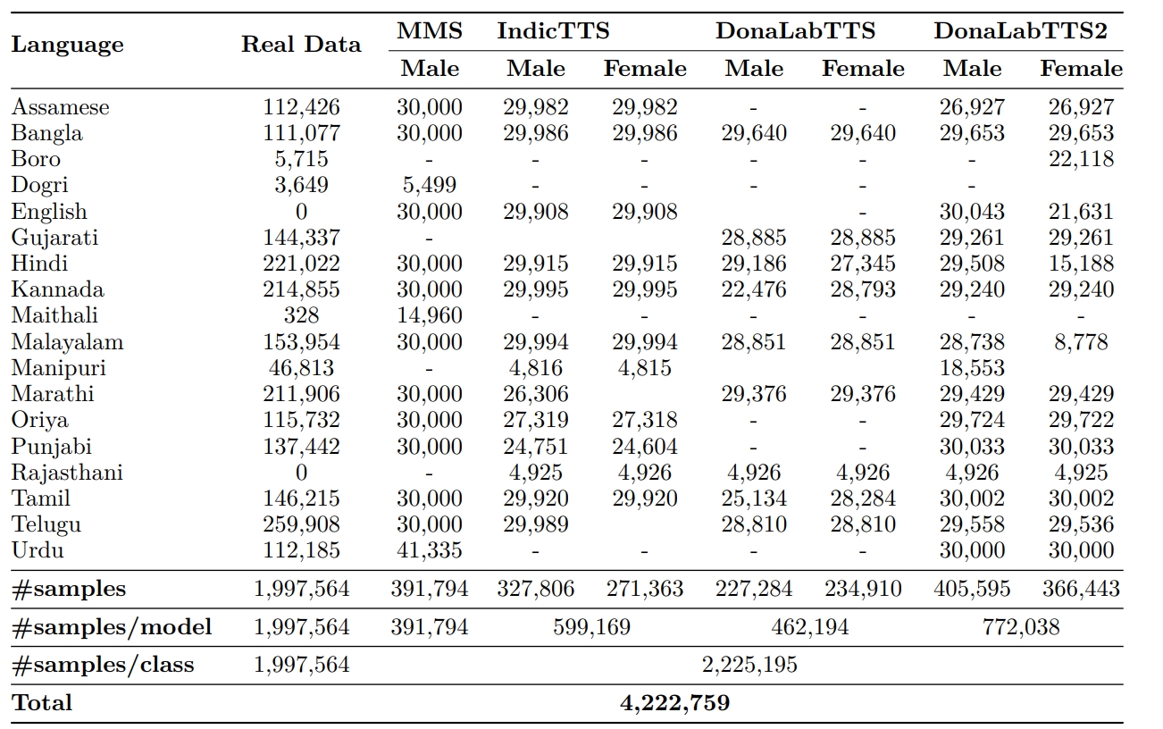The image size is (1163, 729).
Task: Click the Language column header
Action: click(x=67, y=45)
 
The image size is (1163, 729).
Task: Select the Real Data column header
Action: click(x=301, y=45)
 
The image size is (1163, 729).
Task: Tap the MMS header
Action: click(x=430, y=31)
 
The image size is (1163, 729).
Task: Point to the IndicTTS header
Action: click(x=553, y=31)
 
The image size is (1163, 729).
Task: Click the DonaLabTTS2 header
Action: click(x=1020, y=31)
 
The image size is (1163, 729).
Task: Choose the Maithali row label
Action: click(x=54, y=315)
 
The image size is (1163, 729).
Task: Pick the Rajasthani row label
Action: click(x=67, y=473)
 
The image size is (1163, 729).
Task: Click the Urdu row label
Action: click(x=38, y=550)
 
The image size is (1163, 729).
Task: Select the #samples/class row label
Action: click(x=103, y=665)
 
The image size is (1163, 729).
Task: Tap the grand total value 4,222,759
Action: click(x=674, y=703)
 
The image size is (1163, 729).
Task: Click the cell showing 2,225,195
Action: click(x=750, y=665)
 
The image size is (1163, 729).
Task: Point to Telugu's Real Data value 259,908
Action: click(x=301, y=524)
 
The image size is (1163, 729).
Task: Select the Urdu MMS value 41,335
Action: click(x=430, y=550)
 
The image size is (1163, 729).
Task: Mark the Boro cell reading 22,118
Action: click(x=1081, y=159)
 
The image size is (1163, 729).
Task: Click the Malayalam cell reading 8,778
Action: click(x=1081, y=342)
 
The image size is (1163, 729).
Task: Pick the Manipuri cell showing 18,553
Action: click(x=972, y=368)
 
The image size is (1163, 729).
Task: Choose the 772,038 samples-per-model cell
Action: click(x=1021, y=627)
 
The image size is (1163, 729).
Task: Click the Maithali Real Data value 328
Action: click(x=301, y=315)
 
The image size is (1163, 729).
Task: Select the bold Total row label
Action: click(x=42, y=703)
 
